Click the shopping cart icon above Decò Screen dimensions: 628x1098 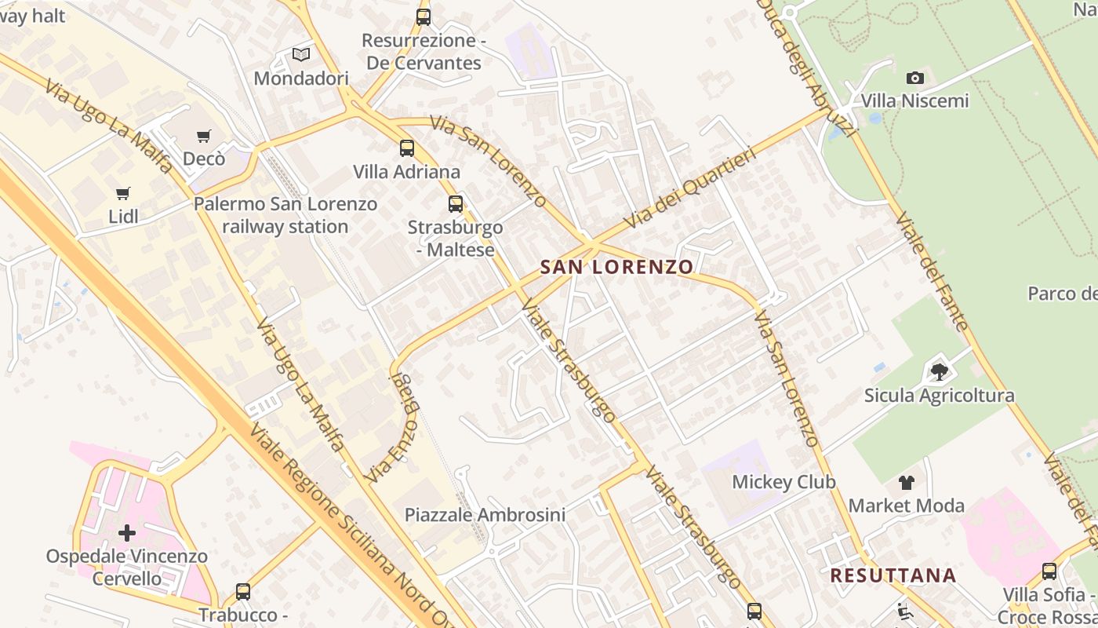pyautogui.click(x=204, y=137)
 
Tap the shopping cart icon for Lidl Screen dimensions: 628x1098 pyautogui.click(x=123, y=193)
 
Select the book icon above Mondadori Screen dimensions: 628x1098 pyautogui.click(x=301, y=55)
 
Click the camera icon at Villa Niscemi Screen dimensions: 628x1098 pyautogui.click(x=915, y=78)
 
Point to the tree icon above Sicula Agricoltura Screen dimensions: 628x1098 pyautogui.click(x=939, y=371)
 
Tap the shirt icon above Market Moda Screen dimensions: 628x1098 pyautogui.click(x=907, y=482)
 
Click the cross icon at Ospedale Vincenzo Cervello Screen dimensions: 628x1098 pyautogui.click(x=126, y=534)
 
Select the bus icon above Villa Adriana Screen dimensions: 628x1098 pyautogui.click(x=406, y=148)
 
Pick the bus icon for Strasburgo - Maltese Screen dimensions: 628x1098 pyautogui.click(x=456, y=204)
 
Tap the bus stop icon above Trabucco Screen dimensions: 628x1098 pyautogui.click(x=243, y=591)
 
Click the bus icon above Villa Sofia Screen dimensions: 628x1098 pyautogui.click(x=1049, y=571)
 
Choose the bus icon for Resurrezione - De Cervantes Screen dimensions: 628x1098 pyautogui.click(x=424, y=16)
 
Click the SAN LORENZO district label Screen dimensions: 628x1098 pyautogui.click(x=617, y=267)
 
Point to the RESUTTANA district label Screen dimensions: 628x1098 pyautogui.click(x=893, y=575)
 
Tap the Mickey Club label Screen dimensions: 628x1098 pyautogui.click(x=784, y=481)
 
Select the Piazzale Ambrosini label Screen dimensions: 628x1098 pyautogui.click(x=485, y=515)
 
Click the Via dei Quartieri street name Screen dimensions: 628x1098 pyautogui.click(x=690, y=188)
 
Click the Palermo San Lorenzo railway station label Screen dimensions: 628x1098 pyautogui.click(x=285, y=215)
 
